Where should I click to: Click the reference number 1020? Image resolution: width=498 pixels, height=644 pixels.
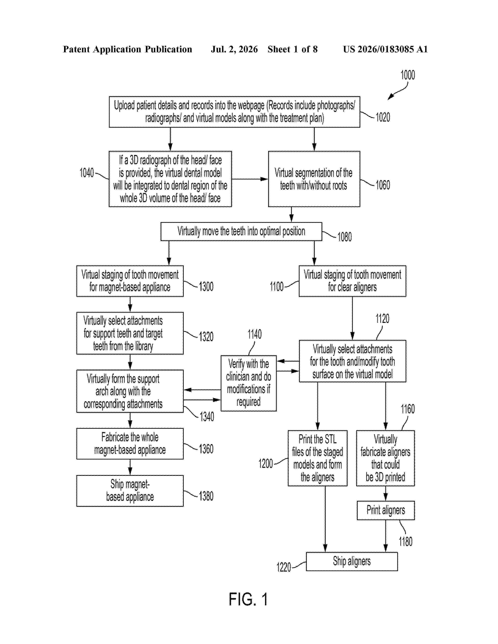383,117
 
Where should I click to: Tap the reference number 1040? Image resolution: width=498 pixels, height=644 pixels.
87,173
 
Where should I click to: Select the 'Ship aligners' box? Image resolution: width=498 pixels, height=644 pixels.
352,561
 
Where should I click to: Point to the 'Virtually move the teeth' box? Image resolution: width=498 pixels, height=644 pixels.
241,231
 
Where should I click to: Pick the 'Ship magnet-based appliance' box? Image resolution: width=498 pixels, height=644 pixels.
130,491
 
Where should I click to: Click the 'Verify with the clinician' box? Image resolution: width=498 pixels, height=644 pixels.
249,383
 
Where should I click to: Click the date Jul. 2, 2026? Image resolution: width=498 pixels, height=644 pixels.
234,49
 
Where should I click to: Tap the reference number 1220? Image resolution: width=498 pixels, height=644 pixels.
284,567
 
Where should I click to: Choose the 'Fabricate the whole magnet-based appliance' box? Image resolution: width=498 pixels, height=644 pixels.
130,444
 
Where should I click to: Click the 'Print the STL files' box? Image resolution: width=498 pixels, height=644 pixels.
317,458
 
